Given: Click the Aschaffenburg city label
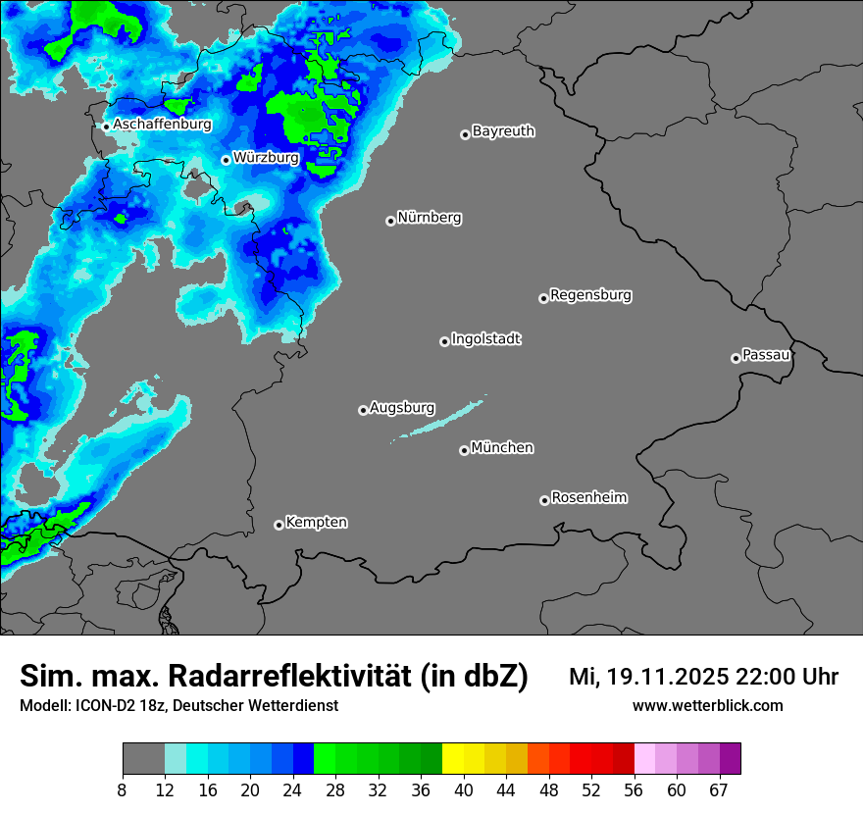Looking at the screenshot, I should coord(162,125).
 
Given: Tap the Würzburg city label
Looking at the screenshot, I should coord(266,158).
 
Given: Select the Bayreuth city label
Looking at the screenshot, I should coord(503,131).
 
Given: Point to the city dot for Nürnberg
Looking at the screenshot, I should coord(390,221).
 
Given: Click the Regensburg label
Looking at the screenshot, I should coord(590,295).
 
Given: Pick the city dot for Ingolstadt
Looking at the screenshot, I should coord(444,341).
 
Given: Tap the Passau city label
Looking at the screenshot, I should coord(766,355).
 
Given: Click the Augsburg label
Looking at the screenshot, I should coord(401,408).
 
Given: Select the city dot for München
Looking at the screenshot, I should coord(464,450).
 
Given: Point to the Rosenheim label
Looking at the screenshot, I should coord(588,498).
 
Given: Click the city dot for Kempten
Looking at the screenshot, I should coord(279,525).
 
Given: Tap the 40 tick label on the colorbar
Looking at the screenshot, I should coord(464,789).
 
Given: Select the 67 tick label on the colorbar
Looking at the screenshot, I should coord(719,789).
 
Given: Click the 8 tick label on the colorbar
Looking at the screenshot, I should coord(123,789).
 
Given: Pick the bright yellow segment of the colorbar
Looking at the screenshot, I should coord(453,759).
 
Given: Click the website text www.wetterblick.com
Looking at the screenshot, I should coord(707,706).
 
